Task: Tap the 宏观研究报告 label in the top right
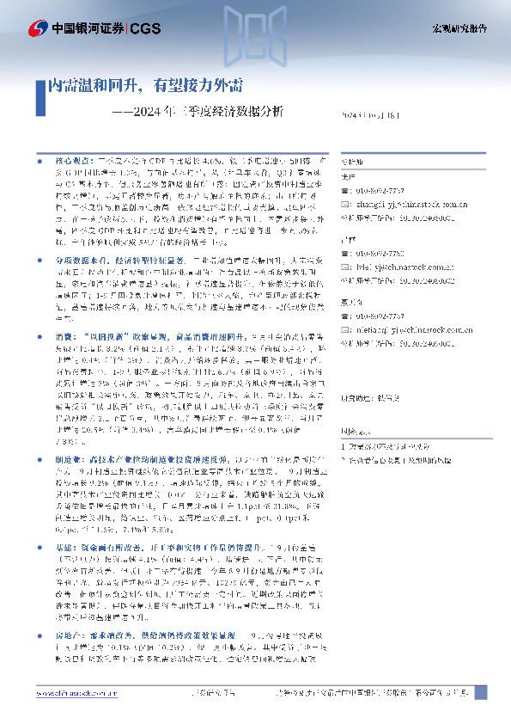(459, 28)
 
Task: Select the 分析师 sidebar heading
(353, 161)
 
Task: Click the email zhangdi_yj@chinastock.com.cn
(409, 204)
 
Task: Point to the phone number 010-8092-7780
(398, 255)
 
